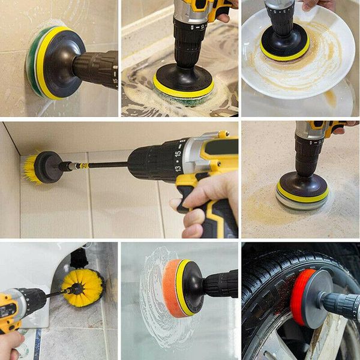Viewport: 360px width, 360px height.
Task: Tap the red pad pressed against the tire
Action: tap(299, 297)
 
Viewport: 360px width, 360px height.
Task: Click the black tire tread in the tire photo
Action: tap(264, 282)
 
